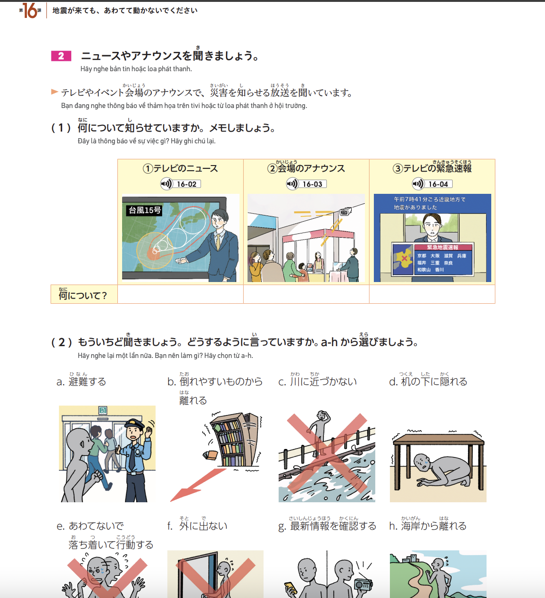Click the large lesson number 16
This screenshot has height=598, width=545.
pos(30,11)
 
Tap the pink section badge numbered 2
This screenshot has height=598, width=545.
pos(61,56)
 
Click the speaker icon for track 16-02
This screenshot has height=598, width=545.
pos(166,184)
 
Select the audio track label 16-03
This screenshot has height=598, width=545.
pos(313,184)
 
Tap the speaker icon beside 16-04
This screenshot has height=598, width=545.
pos(418,184)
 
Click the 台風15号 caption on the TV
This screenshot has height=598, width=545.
pos(145,210)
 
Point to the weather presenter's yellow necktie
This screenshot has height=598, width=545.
pos(218,242)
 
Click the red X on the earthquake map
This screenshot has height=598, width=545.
pos(405,258)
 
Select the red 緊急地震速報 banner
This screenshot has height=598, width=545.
pos(443,248)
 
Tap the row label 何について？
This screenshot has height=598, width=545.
pos(83,295)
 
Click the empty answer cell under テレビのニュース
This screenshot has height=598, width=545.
pos(181,294)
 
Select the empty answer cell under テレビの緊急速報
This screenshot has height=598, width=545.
pos(432,294)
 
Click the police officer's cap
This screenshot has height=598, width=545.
pos(134,424)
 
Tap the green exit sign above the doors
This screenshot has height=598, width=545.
pos(103,410)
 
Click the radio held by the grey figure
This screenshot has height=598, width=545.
pos(363,585)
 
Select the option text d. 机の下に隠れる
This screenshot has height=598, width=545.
pos(428,382)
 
